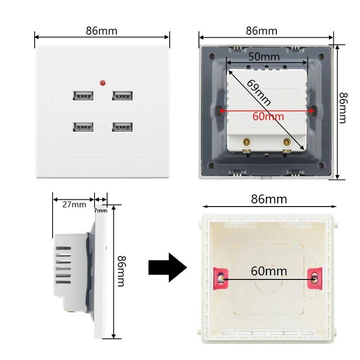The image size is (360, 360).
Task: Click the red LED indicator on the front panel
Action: tap(103, 83)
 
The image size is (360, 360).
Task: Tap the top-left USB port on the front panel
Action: tap(83, 95)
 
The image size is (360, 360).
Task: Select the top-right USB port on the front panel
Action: tap(122, 95)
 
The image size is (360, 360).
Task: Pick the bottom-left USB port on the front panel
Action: tap(83, 127)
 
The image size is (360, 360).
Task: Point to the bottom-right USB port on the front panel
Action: tap(122, 127)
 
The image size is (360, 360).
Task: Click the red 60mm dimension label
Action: tap(268, 117)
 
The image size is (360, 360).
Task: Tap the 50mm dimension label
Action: tap(264, 57)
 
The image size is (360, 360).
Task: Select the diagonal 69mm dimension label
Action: tap(259, 93)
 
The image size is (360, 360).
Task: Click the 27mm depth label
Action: tap(74, 205)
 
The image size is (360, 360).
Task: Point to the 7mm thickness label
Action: tap(100, 211)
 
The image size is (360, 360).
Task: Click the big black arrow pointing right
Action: tap(167, 267)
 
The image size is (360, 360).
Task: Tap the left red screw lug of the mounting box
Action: tap(220, 279)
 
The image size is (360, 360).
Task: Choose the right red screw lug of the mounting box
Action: tap(315, 279)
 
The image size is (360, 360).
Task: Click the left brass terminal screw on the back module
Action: tap(247, 142)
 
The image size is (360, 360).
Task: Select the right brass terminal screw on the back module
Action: tap(287, 142)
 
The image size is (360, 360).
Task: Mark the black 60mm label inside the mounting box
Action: tap(269, 271)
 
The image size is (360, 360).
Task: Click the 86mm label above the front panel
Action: tap(102, 31)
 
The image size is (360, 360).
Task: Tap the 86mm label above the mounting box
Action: tap(269, 199)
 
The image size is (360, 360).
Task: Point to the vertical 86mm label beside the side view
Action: tap(121, 271)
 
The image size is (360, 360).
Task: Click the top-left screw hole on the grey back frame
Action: tap(211, 56)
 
